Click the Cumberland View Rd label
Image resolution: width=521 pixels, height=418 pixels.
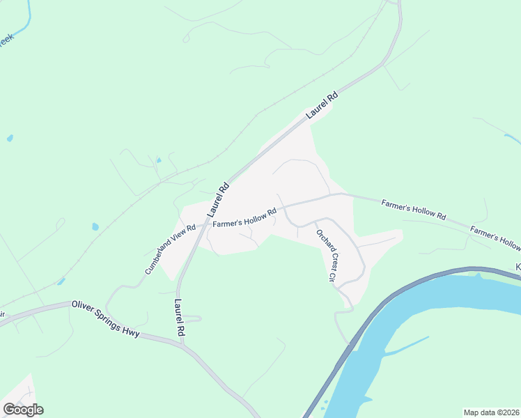point(171,249)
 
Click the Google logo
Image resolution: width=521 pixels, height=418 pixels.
point(23,410)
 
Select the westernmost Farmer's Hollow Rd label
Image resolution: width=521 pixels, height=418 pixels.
point(245,217)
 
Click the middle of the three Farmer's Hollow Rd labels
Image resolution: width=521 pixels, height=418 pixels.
point(413,209)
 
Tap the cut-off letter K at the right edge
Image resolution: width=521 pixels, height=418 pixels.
point(518,267)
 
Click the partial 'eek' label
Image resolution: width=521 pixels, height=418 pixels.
point(6,40)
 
